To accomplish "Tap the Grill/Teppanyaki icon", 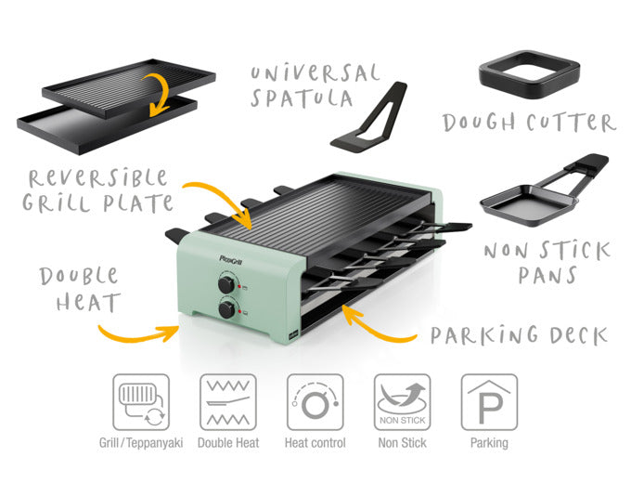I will tap(141, 402).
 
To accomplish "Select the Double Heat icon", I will tap(228, 402).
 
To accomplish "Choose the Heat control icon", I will tap(315, 402).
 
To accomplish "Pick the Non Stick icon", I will tap(402, 402).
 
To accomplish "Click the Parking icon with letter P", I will tap(489, 402).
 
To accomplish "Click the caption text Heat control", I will tap(315, 443).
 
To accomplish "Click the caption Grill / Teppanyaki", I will tap(141, 443).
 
